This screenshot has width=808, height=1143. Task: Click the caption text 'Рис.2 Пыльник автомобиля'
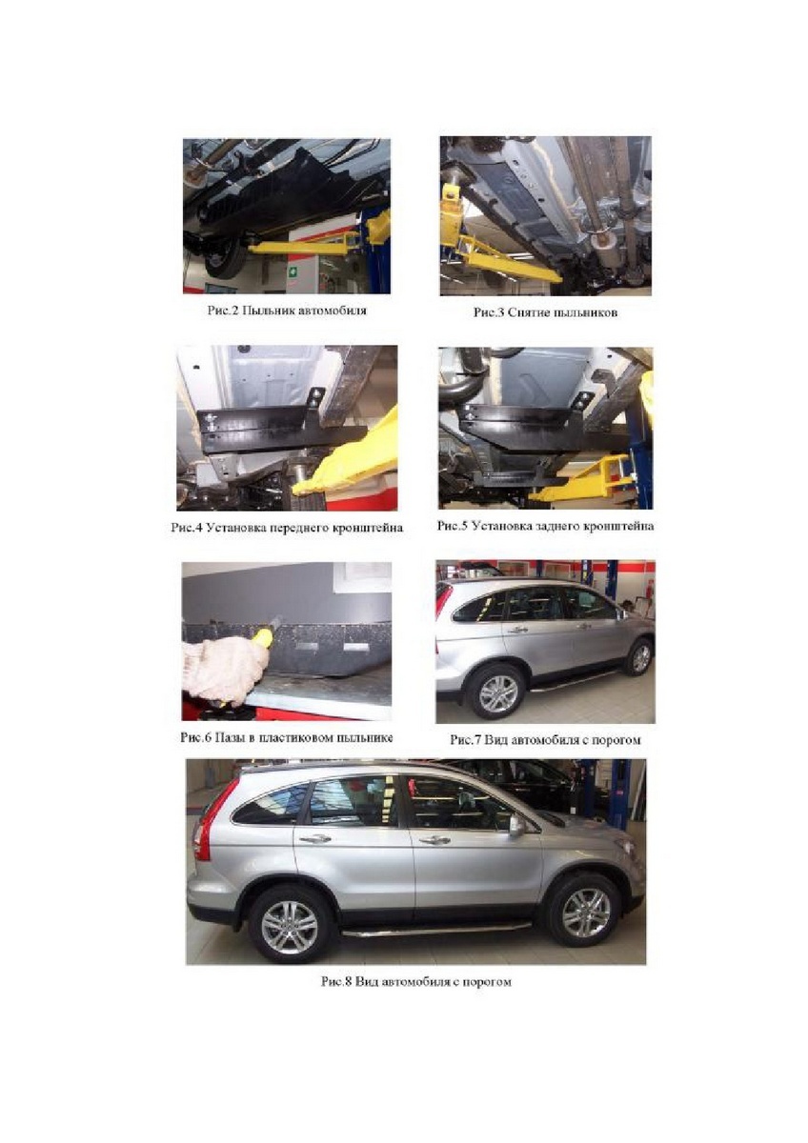click(287, 311)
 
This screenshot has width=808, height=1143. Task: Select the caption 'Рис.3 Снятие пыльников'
click(545, 312)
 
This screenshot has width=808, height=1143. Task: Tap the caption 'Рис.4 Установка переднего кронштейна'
click(287, 528)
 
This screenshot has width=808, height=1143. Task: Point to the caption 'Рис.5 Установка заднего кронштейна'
click(545, 526)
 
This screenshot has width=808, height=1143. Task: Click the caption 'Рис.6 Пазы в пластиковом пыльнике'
click(287, 737)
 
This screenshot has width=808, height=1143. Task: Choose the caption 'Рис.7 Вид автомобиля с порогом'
click(545, 739)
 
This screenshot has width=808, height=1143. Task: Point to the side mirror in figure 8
click(516, 825)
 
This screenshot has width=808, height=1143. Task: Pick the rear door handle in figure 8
click(314, 838)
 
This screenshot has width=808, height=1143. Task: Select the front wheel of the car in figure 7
click(640, 658)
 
